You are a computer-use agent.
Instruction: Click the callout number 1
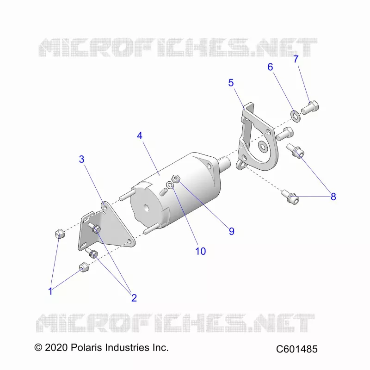[50, 291]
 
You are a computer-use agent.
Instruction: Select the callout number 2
[134, 298]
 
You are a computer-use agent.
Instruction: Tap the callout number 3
[82, 159]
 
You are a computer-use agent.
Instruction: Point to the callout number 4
[140, 136]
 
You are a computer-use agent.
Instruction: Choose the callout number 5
[231, 83]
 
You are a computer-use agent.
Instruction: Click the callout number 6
[270, 67]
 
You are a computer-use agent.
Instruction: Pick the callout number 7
[296, 59]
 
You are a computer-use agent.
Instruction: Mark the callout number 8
[333, 197]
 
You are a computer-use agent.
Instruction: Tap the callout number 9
[232, 231]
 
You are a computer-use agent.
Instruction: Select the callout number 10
[201, 251]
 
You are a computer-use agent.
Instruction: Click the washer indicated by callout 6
[295, 116]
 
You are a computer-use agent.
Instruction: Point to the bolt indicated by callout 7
[310, 108]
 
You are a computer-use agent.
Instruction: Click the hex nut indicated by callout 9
[176, 179]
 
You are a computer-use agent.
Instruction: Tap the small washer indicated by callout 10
[170, 185]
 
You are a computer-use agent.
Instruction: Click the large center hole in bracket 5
[262, 147]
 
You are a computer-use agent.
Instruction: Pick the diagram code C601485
[297, 349]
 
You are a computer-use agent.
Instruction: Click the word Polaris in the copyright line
[86, 348]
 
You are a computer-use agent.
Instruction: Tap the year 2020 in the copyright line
[56, 348]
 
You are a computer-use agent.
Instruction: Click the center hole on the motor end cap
[147, 208]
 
